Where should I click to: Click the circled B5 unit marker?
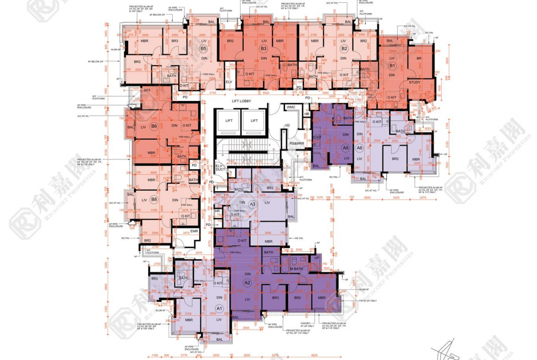click(x=203, y=49)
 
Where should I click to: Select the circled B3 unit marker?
click(x=263, y=49)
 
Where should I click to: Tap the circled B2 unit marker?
click(x=344, y=49)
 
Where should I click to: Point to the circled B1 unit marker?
click(x=392, y=66)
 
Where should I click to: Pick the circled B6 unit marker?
click(x=154, y=126)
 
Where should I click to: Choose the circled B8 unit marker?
click(x=154, y=199)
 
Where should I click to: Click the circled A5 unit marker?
click(x=346, y=148)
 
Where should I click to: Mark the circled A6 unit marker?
click(x=360, y=148)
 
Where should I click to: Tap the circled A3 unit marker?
click(x=252, y=204)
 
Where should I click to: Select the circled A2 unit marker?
click(x=247, y=282)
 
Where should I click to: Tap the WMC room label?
click(x=291, y=107)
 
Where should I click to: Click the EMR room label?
click(x=194, y=231)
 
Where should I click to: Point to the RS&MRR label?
click(x=296, y=144)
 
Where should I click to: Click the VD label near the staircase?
click(x=287, y=125)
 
